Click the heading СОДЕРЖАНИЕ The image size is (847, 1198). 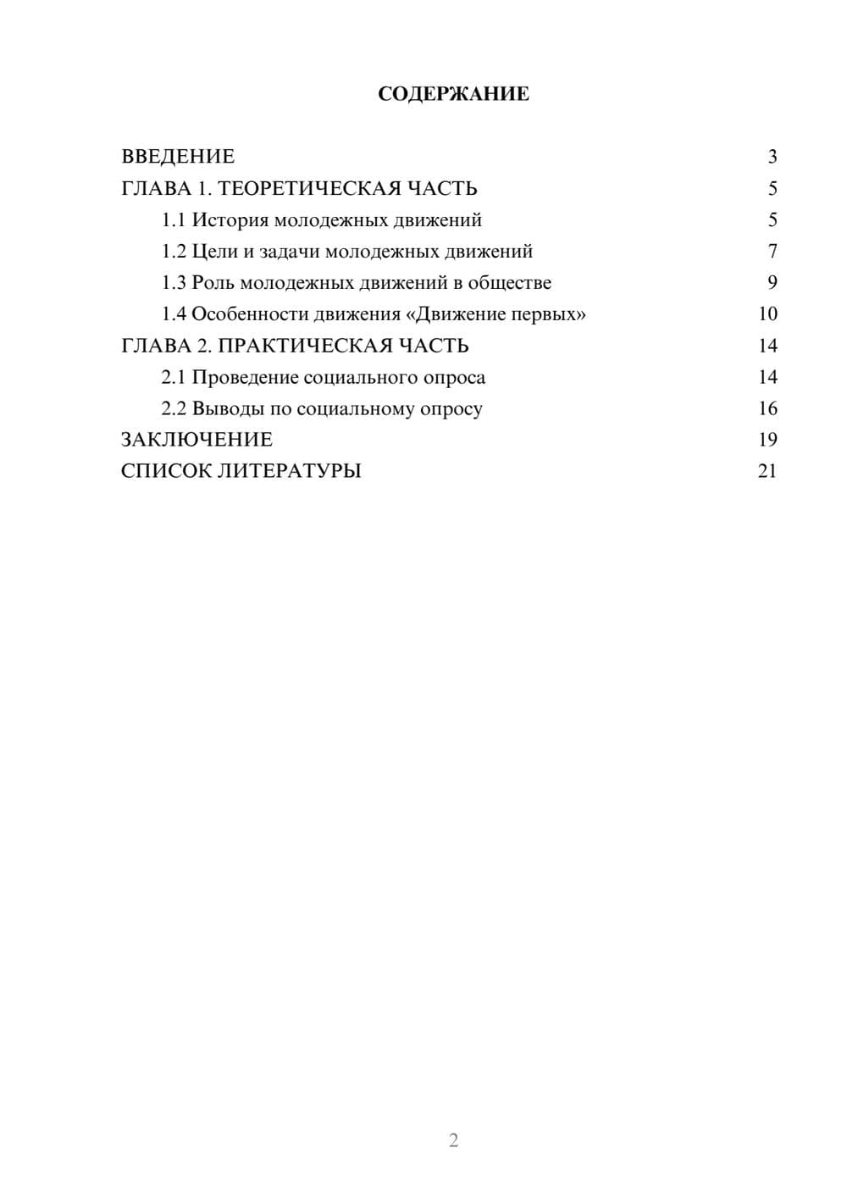(x=453, y=94)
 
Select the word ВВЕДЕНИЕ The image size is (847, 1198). (x=178, y=157)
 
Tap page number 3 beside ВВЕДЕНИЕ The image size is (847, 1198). (x=772, y=157)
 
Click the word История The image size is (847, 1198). (x=230, y=220)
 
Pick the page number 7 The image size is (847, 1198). (x=772, y=252)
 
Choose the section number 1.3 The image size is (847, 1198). (x=174, y=283)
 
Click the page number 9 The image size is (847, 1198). (x=772, y=283)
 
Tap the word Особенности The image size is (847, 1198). (x=250, y=314)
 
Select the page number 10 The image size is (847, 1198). (x=767, y=314)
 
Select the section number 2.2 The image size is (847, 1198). (x=174, y=408)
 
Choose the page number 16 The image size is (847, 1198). (x=767, y=408)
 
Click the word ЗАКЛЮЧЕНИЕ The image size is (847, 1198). (x=197, y=440)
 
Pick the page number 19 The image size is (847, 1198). (x=767, y=440)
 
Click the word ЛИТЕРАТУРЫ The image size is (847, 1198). (x=290, y=471)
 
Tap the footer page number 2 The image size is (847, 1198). (x=453, y=1140)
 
